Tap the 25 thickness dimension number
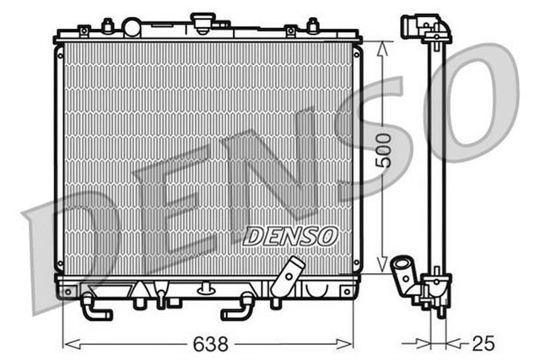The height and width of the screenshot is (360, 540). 483,343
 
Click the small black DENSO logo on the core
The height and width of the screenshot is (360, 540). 290,236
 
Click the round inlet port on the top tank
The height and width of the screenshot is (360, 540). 132,28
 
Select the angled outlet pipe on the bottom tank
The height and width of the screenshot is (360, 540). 289,274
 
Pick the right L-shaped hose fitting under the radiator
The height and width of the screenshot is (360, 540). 239,309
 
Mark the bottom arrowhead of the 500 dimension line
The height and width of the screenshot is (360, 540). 384,261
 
